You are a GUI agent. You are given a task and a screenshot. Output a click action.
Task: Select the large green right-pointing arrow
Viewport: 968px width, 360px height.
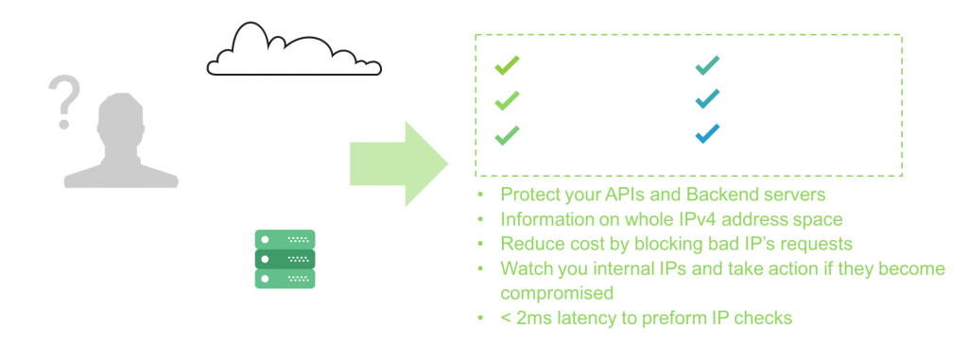click(398, 163)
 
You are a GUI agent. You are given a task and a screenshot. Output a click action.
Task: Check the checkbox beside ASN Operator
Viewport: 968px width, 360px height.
click(505, 68)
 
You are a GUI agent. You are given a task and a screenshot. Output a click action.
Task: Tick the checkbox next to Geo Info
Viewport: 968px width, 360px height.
click(505, 102)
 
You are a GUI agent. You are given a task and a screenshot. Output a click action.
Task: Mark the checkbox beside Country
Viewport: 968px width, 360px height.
click(505, 137)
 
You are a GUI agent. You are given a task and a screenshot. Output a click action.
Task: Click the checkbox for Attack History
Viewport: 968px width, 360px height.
click(704, 68)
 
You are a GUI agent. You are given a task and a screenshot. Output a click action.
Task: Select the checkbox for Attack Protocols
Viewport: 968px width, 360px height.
click(704, 101)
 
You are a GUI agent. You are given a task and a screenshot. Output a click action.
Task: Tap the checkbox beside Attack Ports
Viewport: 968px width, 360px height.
click(704, 137)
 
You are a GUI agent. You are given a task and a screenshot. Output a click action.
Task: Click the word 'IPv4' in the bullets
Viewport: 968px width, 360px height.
click(686, 219)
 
